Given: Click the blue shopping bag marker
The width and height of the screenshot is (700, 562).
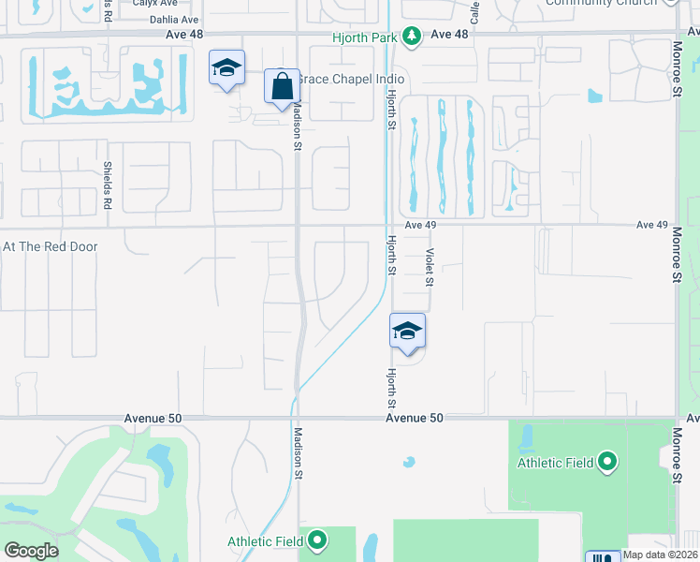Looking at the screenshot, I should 282,87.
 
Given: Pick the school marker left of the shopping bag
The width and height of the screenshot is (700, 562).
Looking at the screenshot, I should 226,68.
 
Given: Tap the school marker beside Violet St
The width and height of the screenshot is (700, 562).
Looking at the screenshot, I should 408,332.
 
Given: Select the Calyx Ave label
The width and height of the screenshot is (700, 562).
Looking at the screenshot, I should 154,3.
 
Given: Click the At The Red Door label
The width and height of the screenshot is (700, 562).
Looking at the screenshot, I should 51,246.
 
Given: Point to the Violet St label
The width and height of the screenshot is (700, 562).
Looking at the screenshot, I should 430,267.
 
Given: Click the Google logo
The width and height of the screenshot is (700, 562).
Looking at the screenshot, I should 30,551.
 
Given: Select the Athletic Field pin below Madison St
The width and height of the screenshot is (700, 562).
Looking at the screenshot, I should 318,540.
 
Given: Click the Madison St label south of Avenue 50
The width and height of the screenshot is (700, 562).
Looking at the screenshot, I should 297,453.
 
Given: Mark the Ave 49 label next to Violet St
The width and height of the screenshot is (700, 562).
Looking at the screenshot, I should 421,225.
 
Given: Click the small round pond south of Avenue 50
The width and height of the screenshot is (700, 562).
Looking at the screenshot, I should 408,462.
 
